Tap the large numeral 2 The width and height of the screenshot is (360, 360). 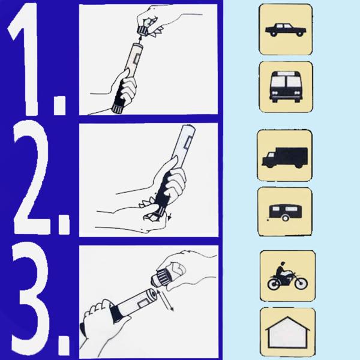pos(31,179)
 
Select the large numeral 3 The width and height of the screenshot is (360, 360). pos(30,301)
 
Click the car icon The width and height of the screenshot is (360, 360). pos(286,29)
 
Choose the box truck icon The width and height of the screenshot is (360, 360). pos(285,158)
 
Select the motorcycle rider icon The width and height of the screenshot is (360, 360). pos(287,276)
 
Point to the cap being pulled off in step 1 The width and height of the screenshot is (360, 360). pos(143,31)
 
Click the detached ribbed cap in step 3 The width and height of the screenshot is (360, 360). pos(161,277)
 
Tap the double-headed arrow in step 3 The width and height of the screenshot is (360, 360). pos(166,300)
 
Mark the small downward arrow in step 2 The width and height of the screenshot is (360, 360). pos(169,216)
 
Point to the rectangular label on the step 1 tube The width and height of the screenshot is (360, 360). pos(136,58)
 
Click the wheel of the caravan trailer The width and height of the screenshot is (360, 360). pos(285,218)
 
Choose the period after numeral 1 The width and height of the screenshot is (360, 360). pos(59,106)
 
